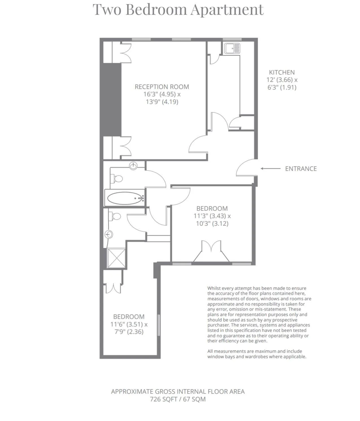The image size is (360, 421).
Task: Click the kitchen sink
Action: click(232, 49)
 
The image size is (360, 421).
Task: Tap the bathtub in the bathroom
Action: click(125, 198)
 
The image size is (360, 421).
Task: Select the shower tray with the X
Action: click(116, 258)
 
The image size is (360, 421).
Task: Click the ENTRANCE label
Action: click(301, 169)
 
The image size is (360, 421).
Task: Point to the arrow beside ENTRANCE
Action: click(270, 169)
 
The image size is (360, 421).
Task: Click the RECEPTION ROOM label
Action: click(162, 87)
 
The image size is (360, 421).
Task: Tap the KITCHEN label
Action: click(282, 72)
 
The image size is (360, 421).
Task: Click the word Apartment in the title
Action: click(227, 10)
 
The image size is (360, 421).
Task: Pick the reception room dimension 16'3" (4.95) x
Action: click(162, 94)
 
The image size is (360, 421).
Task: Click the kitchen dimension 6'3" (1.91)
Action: click(282, 87)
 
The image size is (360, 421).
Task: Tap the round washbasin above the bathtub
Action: click(133, 165)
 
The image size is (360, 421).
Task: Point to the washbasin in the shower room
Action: click(109, 234)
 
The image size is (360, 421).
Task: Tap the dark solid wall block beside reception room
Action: click(111, 100)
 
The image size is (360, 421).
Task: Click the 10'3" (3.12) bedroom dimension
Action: click(212, 224)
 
